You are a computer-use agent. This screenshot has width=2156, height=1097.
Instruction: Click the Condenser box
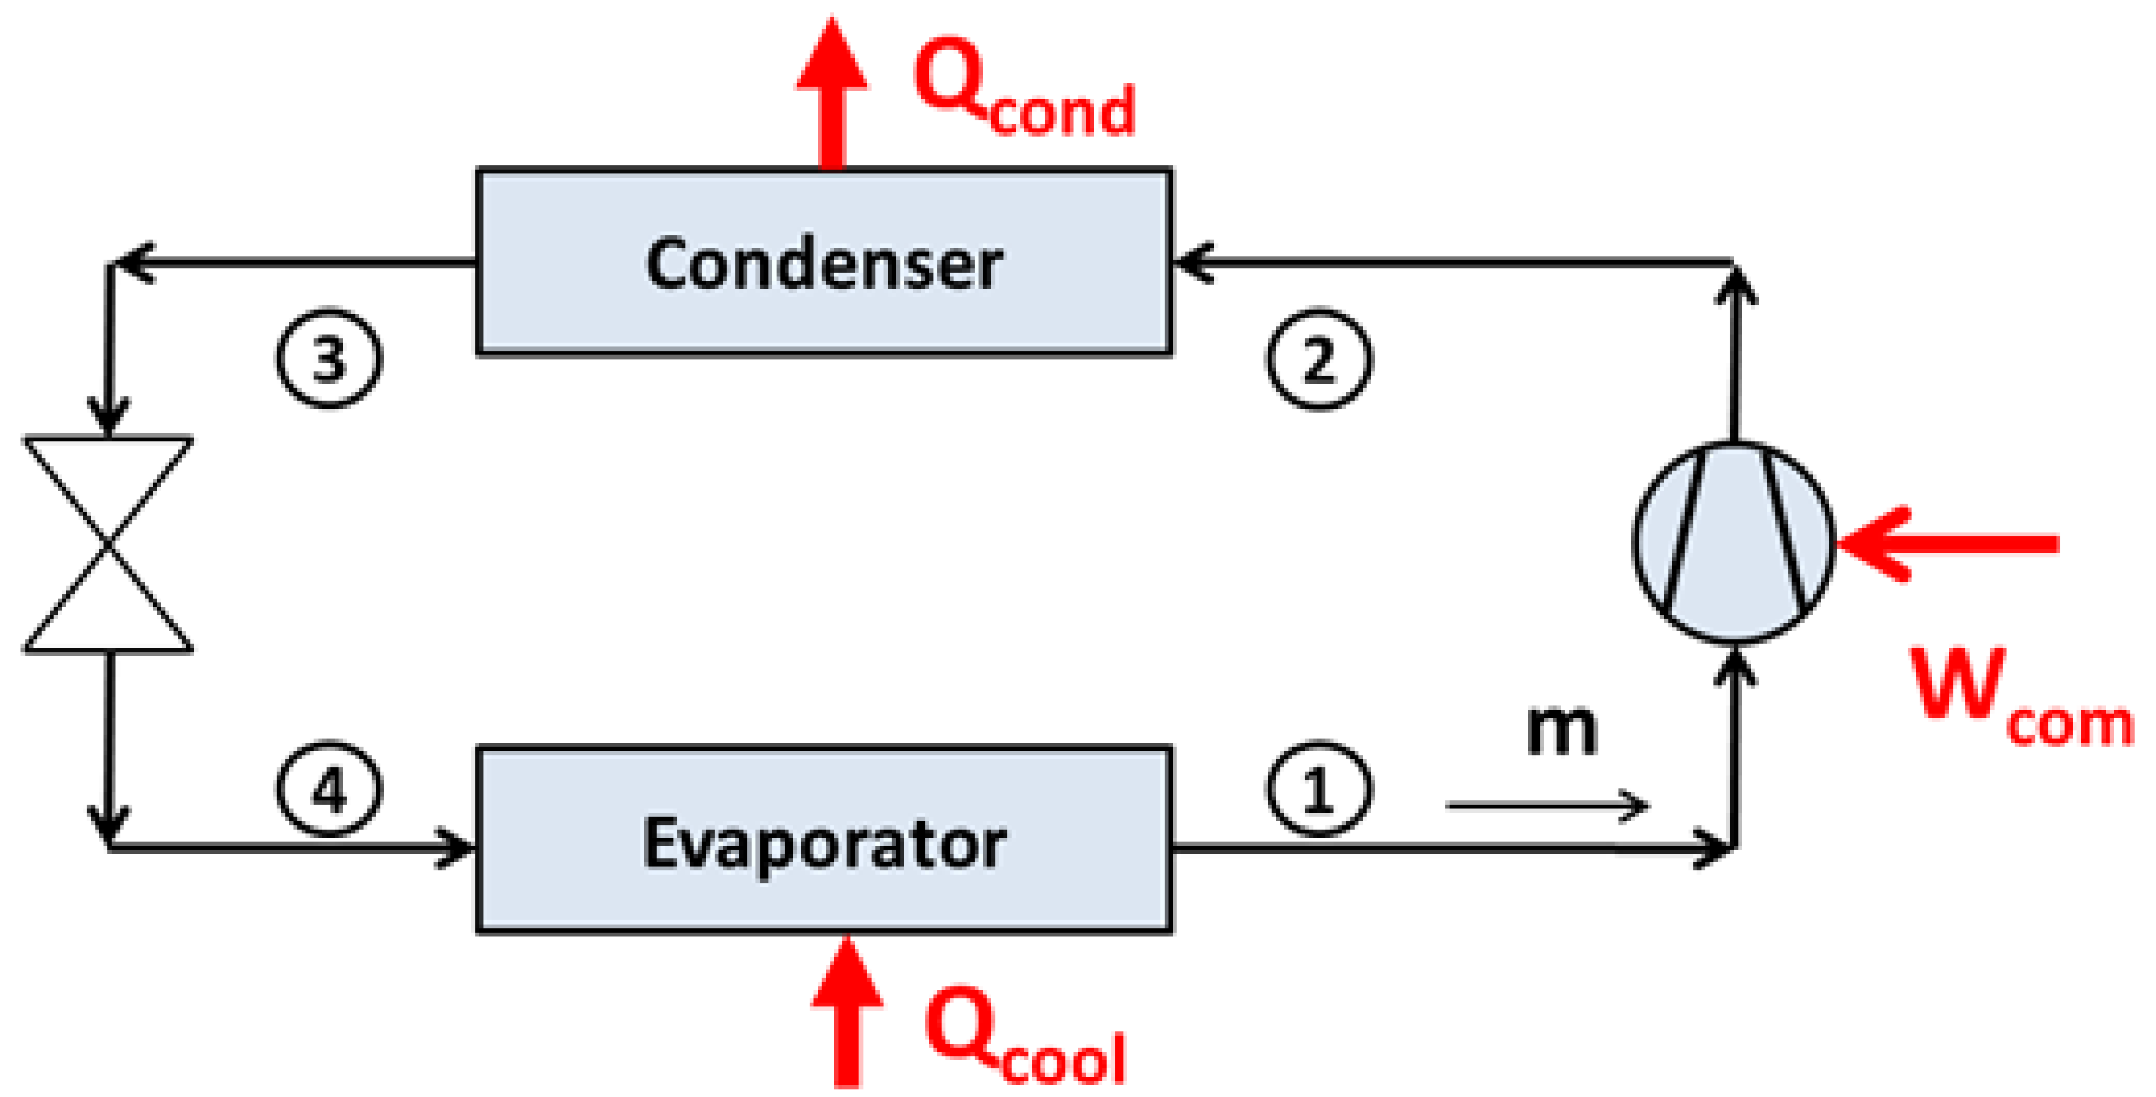point(823,263)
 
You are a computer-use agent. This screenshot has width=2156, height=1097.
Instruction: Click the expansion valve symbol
point(109,544)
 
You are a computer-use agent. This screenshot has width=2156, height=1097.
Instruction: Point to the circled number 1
point(1318,789)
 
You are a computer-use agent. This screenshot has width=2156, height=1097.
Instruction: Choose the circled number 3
point(329,358)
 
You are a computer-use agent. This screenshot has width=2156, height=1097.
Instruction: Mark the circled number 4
point(329,789)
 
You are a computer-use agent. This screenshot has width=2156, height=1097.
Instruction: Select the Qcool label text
point(1025,1037)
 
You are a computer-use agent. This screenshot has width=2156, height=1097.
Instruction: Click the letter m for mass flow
point(1562,729)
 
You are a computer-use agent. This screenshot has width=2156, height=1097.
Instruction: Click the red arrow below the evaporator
point(847,1010)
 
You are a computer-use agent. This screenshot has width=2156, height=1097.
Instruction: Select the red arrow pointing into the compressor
point(1946,544)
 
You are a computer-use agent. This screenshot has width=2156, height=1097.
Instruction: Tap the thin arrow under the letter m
point(1547,805)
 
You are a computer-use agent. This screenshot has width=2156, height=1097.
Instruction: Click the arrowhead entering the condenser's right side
point(1192,263)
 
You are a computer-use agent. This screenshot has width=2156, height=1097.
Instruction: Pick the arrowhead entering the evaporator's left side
point(456,848)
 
